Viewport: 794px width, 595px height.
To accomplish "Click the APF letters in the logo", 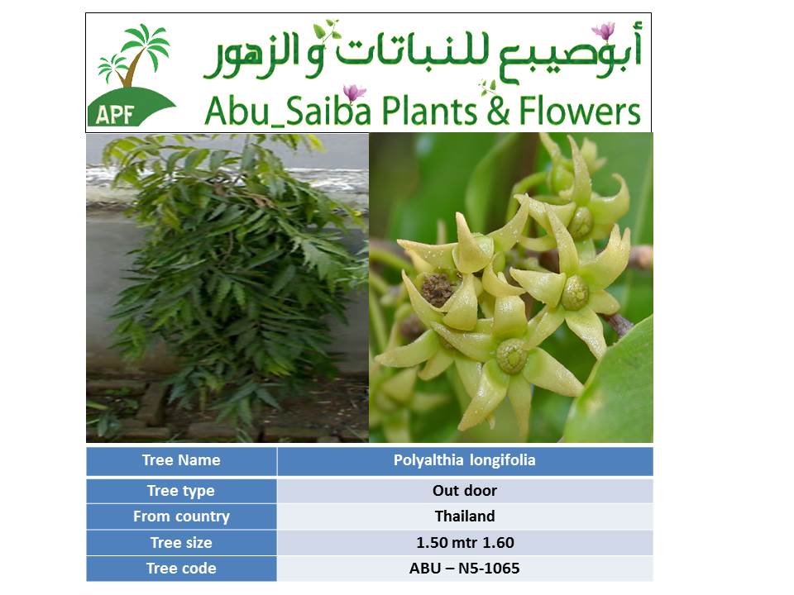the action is [114, 115].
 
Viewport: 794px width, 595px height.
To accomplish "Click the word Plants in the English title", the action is [430, 111].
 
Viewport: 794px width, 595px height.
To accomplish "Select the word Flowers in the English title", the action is [580, 111].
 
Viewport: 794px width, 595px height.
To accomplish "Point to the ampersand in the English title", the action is [498, 112].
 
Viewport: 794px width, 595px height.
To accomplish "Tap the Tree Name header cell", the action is [181, 460].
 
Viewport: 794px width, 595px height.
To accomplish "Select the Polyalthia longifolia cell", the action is [465, 460].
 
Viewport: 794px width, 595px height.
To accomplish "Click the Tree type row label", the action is [181, 491].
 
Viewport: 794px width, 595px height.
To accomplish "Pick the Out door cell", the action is [465, 491].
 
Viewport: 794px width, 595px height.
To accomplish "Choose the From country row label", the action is [181, 516].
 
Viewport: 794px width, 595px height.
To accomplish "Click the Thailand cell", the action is [465, 516].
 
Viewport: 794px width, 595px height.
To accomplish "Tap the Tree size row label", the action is [181, 543].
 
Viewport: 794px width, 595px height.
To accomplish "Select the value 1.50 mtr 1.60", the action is [465, 543].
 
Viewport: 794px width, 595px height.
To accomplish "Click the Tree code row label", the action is [181, 569].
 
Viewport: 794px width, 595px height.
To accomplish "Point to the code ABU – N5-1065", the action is [464, 569].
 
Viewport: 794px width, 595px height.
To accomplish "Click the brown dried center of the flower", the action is [437, 289].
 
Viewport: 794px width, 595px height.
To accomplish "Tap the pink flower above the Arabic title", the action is [604, 31].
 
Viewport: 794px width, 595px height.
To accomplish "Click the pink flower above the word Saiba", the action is [354, 93].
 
